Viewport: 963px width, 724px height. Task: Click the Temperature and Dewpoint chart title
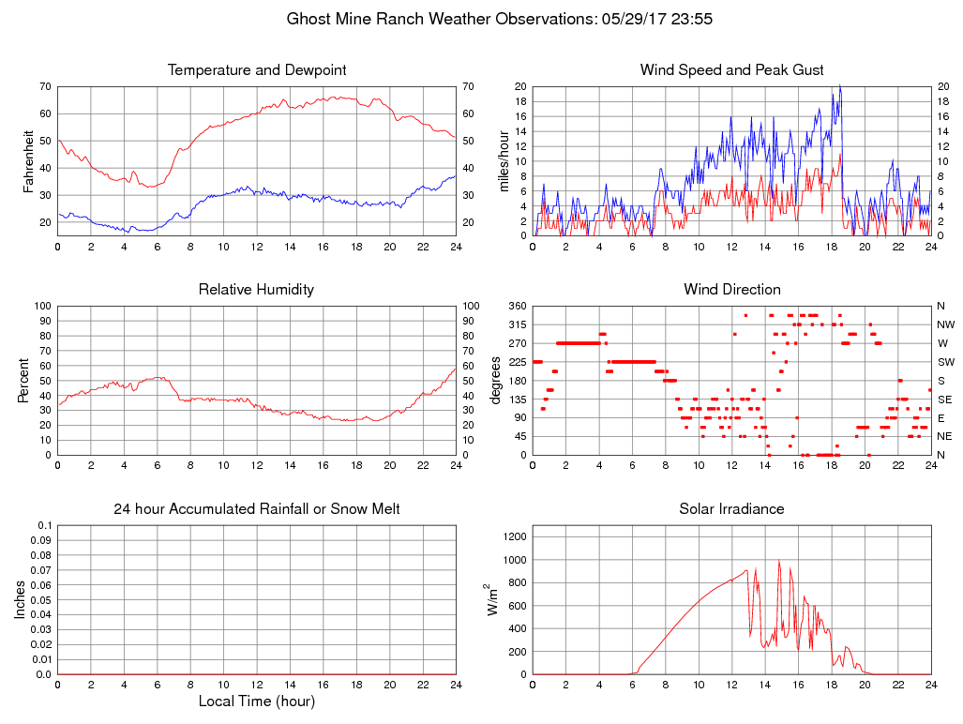pos(256,70)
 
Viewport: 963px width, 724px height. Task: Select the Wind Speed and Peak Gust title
pos(731,70)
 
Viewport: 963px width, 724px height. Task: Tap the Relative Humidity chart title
pos(256,290)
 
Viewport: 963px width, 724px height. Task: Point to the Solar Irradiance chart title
pos(731,509)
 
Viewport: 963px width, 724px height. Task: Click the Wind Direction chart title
pos(731,290)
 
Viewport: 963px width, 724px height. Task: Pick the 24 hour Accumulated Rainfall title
pos(256,509)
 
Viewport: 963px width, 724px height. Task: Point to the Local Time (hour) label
pos(256,701)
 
